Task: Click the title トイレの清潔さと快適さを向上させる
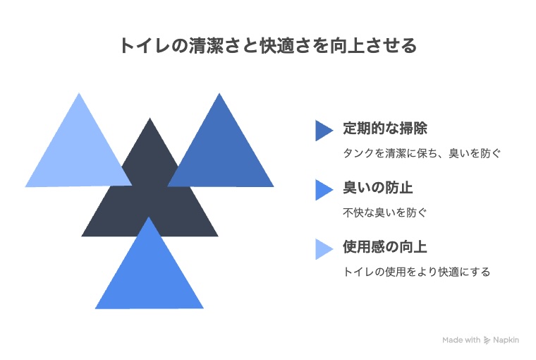click(x=268, y=46)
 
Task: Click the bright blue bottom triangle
click(x=149, y=274)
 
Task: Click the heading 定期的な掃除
click(x=385, y=128)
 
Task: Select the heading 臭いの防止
click(x=378, y=188)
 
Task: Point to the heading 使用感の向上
click(x=385, y=247)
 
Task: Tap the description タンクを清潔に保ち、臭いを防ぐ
click(x=422, y=153)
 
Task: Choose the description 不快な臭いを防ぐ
click(x=385, y=212)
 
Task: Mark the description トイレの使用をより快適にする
click(x=417, y=272)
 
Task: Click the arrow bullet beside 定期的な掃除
click(x=323, y=131)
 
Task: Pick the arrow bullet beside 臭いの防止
click(x=323, y=190)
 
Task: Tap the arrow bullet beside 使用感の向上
click(x=323, y=248)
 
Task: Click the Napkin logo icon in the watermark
click(x=487, y=340)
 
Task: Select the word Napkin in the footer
click(x=506, y=340)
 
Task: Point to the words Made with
click(x=461, y=340)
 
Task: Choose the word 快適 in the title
click(x=276, y=46)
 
